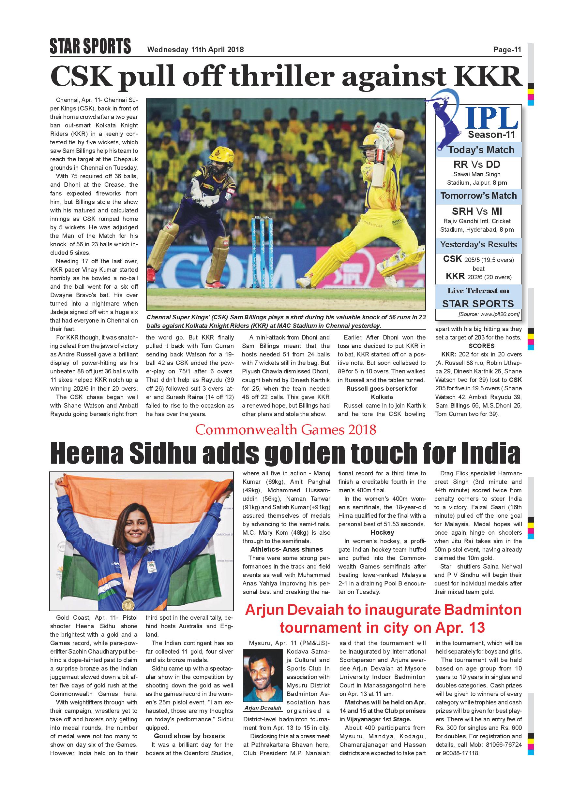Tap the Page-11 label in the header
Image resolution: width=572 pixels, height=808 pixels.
coord(507,50)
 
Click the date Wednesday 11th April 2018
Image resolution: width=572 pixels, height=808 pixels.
coord(195,50)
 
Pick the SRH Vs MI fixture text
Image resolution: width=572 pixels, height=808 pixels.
coord(477,211)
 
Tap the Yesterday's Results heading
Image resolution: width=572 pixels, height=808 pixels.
coord(478,245)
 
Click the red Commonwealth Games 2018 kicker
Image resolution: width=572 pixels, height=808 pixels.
coord(286,429)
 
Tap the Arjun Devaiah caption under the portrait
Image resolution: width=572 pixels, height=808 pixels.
coord(263,708)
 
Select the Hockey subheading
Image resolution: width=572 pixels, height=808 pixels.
coord(382,532)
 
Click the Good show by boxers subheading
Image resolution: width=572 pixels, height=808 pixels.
coord(189,736)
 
